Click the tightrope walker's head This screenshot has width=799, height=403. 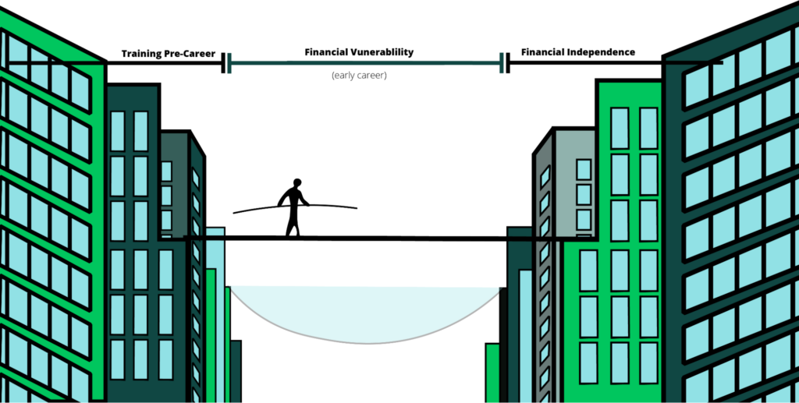tap(297, 183)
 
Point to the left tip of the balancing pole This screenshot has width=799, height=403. tap(234, 212)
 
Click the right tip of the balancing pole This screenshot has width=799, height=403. tap(356, 207)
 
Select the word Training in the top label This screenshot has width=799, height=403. tap(140, 54)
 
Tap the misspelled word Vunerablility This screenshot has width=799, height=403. tap(382, 52)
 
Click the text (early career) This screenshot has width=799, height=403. tap(359, 76)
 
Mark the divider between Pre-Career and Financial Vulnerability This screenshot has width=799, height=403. tap(226, 63)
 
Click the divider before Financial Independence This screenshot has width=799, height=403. tap(505, 63)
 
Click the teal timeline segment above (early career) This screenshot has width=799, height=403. tap(365, 63)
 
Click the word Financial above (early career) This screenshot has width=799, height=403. tap(326, 52)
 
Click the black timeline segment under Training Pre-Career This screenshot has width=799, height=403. tap(165, 63)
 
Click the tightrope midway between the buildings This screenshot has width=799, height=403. tap(366, 239)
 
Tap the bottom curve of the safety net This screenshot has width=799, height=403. tap(366, 343)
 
